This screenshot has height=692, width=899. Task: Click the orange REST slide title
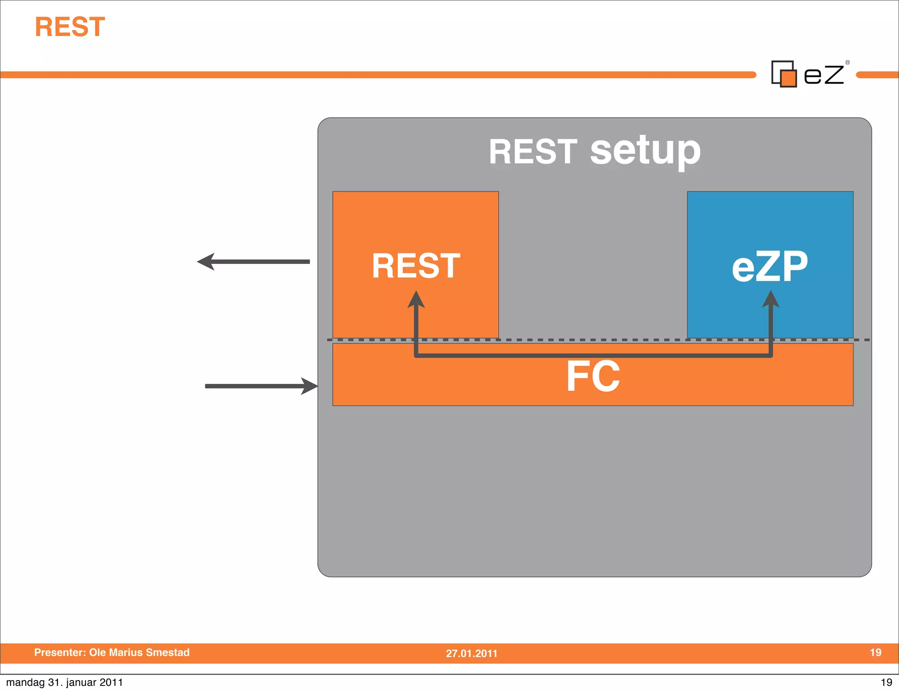70,27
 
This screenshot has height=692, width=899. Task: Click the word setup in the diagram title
645,151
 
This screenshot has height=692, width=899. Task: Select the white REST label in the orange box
416,266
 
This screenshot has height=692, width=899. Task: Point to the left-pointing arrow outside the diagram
253,262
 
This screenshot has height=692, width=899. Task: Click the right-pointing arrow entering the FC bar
261,386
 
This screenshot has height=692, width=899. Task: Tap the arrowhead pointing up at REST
416,300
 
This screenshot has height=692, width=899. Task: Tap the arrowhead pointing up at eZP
770,300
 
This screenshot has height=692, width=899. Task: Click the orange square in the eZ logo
788,79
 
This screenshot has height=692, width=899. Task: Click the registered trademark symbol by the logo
848,62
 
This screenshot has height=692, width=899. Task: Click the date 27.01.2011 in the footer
471,653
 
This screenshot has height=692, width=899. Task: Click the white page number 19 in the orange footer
875,652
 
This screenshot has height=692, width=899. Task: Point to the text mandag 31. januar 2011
65,682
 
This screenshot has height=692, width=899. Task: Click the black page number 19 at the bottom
886,682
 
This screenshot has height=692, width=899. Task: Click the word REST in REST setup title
533,151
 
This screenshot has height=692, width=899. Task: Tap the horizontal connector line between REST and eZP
593,355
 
